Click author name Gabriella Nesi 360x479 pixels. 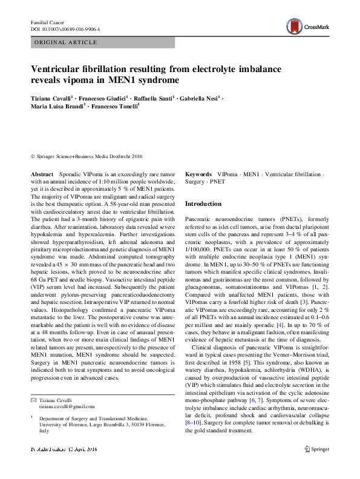(199, 97)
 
